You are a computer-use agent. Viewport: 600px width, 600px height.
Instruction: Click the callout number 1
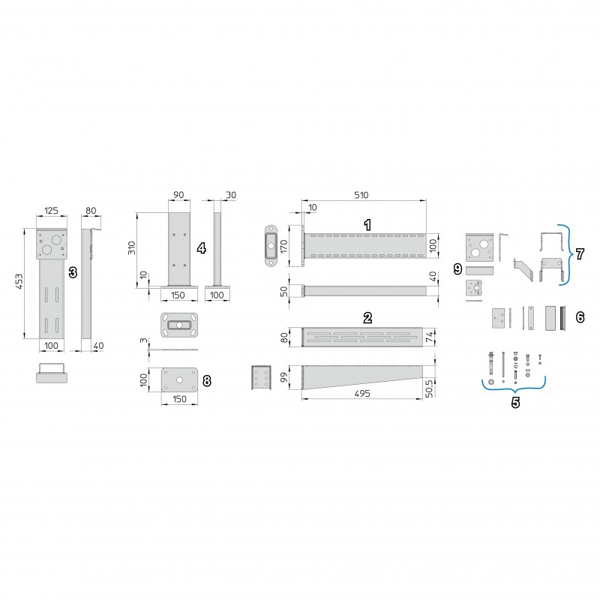coord(367,225)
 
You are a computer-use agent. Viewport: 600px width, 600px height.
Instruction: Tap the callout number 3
coord(73,272)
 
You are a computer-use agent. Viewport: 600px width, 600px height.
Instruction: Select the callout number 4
coord(201,248)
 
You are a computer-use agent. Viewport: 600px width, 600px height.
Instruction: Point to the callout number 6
coord(580,317)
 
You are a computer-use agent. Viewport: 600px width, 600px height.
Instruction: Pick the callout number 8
coord(207,381)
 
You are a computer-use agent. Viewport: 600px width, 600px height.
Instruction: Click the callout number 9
coord(457,269)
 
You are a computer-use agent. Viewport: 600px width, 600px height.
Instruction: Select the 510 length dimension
coord(361,195)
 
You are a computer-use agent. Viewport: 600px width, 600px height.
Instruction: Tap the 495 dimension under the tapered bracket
coord(362,393)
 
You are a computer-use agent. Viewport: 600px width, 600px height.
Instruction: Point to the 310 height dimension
coord(132,248)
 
